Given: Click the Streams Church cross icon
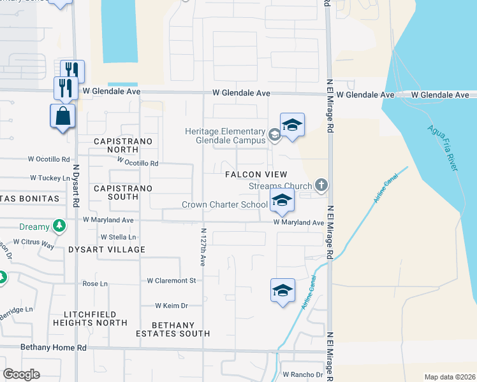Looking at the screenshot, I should (321, 185).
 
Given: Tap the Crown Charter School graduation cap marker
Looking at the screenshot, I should (281, 202).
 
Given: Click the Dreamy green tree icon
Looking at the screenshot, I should (59, 226).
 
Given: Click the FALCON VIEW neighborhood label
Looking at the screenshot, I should (255, 174).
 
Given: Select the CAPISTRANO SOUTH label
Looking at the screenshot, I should (115, 192).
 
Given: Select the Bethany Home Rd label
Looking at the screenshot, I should (53, 348).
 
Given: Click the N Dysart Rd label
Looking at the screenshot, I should (75, 185).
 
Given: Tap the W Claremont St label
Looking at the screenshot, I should (171, 280).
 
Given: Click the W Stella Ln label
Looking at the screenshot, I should (119, 237).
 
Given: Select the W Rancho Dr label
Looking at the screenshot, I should (303, 374).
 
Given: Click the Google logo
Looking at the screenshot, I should (21, 374).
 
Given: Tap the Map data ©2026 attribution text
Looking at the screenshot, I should (449, 377).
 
